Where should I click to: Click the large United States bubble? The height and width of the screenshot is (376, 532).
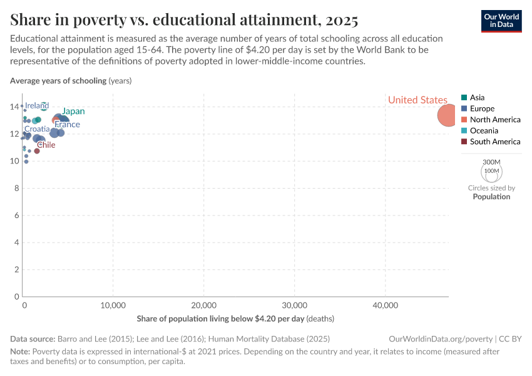[x=448, y=116]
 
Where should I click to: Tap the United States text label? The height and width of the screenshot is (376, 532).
[x=417, y=100]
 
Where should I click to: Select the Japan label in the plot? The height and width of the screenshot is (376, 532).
[x=73, y=112]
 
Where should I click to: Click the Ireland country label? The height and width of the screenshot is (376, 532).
[x=37, y=106]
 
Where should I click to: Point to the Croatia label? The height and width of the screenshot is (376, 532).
[x=37, y=129]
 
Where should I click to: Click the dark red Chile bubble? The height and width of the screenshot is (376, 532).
[x=37, y=151]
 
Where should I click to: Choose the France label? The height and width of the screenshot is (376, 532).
[x=67, y=124]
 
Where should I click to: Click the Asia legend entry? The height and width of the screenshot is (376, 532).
[x=477, y=97]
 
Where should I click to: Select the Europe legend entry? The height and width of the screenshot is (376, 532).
[x=482, y=108]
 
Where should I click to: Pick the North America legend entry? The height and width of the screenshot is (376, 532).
[x=494, y=120]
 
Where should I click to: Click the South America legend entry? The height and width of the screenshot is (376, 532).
[x=494, y=142]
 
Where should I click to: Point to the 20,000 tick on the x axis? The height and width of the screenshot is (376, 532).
[x=203, y=306]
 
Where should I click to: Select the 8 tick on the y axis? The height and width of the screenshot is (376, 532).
[x=18, y=188]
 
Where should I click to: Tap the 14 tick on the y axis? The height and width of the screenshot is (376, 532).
[x=16, y=107]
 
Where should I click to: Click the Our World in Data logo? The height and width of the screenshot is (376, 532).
[x=501, y=20]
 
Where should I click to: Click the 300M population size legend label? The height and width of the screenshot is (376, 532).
[x=492, y=162]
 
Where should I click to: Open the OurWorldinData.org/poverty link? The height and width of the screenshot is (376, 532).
[x=441, y=338]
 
